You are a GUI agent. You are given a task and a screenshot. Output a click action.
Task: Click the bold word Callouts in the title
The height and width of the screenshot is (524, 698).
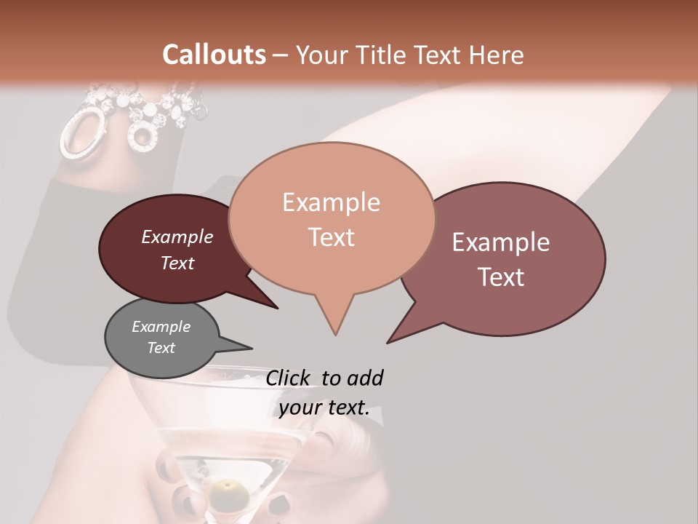point(214,55)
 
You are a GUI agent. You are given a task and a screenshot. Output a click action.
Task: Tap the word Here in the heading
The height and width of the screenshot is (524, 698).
point(497,55)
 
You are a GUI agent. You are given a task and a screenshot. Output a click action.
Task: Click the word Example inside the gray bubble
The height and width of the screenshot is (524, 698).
point(161,327)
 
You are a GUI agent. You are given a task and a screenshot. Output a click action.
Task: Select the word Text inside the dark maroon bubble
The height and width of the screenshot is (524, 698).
point(177,263)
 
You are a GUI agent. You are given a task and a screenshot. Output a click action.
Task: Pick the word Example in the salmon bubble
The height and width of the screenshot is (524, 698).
point(331,202)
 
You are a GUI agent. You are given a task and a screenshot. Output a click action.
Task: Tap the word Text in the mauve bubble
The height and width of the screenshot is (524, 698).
point(501,277)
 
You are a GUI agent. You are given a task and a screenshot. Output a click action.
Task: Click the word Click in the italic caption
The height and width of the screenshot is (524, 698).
point(288,378)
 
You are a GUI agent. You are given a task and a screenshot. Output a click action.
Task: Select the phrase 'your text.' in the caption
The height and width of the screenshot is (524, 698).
point(324,408)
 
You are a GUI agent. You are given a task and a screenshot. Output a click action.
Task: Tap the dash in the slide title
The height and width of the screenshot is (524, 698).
point(281,55)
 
